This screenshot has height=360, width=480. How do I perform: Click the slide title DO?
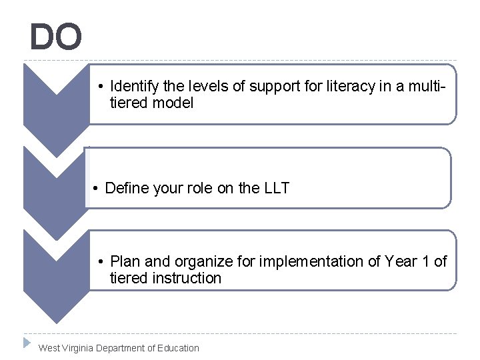coord(56,37)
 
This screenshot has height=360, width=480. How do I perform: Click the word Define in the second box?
coord(127,189)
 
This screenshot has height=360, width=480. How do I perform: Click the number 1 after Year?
coord(427,262)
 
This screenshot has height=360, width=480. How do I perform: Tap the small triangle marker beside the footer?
coord(27,343)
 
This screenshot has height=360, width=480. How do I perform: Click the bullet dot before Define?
coord(97,189)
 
